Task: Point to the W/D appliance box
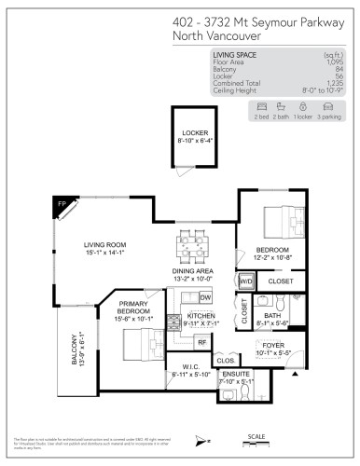coord(246,281)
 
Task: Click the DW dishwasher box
coord(205,297)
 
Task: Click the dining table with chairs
coord(193,246)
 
